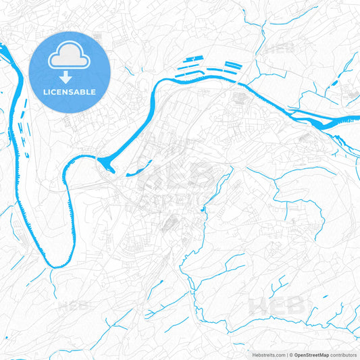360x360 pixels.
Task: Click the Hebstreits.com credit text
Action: (x=266, y=354)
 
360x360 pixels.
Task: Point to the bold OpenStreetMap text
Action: (x=315, y=354)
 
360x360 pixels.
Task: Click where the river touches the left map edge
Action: (x=2, y=49)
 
